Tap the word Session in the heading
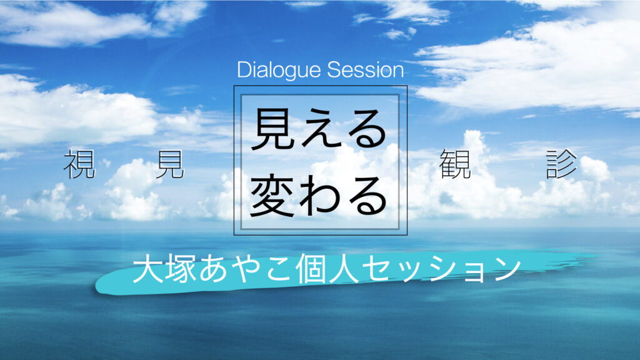click(365, 70)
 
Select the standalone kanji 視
click(79, 164)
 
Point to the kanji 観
click(455, 164)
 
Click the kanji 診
click(562, 164)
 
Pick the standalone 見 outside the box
click(170, 164)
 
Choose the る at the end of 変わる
click(365, 195)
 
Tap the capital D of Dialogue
click(244, 70)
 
